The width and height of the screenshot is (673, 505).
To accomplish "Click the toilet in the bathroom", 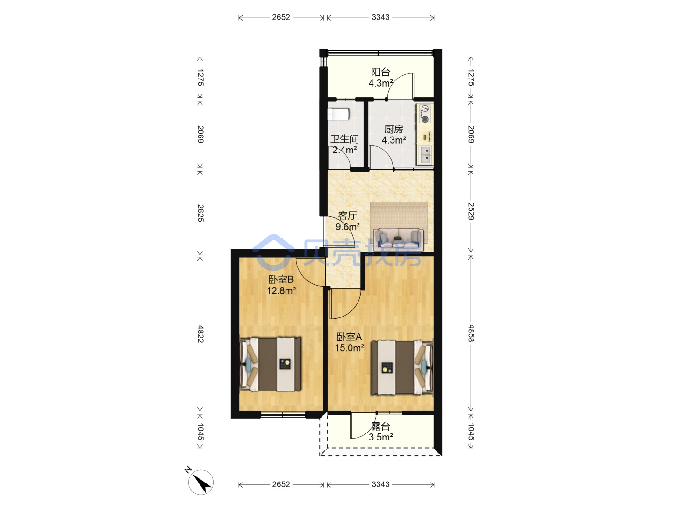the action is pyautogui.click(x=338, y=115).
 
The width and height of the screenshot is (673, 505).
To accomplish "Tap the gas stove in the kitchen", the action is pyautogui.click(x=425, y=114).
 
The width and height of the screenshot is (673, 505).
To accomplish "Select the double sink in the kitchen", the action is pyautogui.click(x=425, y=154).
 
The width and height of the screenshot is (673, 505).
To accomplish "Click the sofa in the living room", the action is pyautogui.click(x=399, y=238).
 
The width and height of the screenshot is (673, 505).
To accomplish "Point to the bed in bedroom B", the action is pyautogui.click(x=270, y=364).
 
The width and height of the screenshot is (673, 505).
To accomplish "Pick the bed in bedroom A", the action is pyautogui.click(x=402, y=368).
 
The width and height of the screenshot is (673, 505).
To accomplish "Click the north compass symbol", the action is pyautogui.click(x=200, y=482).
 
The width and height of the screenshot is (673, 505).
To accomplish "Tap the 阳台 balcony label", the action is pyautogui.click(x=380, y=72).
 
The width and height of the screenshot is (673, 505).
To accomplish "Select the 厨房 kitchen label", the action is pyautogui.click(x=394, y=129).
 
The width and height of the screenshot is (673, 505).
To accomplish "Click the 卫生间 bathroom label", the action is pyautogui.click(x=344, y=139).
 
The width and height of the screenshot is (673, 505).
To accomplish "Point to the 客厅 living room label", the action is pyautogui.click(x=347, y=216).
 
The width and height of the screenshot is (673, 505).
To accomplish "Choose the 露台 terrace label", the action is pyautogui.click(x=380, y=426).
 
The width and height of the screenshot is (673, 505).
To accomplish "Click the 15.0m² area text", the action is pyautogui.click(x=349, y=348).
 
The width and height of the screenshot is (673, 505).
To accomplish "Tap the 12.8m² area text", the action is pyautogui.click(x=281, y=291).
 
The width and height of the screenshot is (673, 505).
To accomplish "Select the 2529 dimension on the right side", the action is pyautogui.click(x=471, y=211).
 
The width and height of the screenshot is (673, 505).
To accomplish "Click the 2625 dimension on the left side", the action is pyautogui.click(x=200, y=213).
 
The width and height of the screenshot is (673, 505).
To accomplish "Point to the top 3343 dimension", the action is pyautogui.click(x=380, y=17).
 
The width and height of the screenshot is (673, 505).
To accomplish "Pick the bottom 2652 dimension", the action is pyautogui.click(x=281, y=484).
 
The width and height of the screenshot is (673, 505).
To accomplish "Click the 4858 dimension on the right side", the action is pyautogui.click(x=471, y=333).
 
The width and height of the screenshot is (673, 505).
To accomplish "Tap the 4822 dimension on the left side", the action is pyautogui.click(x=200, y=334).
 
